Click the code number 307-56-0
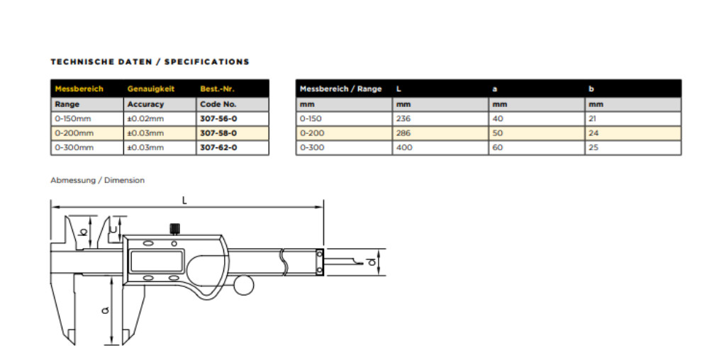218,119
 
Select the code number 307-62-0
218,147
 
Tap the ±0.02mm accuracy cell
145,119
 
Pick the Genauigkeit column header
150,89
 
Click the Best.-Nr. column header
217,89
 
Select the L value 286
403,133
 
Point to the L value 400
404,147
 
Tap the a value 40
498,119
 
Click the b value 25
593,147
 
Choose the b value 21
592,119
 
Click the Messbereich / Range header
340,89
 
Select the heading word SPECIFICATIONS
206,62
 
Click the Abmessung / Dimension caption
98,180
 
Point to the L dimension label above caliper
184,201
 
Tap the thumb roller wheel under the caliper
244,285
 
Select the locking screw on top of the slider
175,229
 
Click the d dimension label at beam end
372,261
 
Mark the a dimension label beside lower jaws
106,310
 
